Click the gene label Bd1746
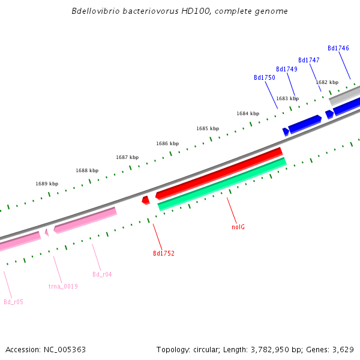pyautogui.click(x=338, y=48)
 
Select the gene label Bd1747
pyautogui.click(x=308, y=60)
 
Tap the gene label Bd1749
pyautogui.click(x=286, y=70)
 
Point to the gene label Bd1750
pyautogui.click(x=264, y=78)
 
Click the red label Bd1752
pyautogui.click(x=163, y=254)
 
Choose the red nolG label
pyautogui.click(x=238, y=227)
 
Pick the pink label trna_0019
pyautogui.click(x=63, y=286)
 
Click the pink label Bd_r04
pyautogui.click(x=102, y=274)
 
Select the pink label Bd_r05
pyautogui.click(x=13, y=302)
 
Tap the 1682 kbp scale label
pyautogui.click(x=327, y=82)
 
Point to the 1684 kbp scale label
pyautogui.click(x=247, y=113)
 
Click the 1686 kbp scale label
pyautogui.click(x=167, y=143)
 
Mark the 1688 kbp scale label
pyautogui.click(x=86, y=170)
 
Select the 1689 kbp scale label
pyautogui.click(x=47, y=184)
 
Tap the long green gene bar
pyautogui.click(x=222, y=184)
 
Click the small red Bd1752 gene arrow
pyautogui.click(x=145, y=200)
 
